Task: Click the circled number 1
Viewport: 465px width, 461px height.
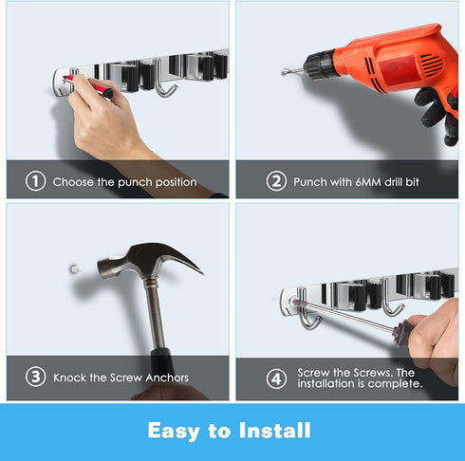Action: (35, 181)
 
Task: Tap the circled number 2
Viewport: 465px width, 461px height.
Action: (276, 181)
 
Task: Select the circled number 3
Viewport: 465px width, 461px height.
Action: (35, 377)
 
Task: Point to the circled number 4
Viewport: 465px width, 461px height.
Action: (276, 378)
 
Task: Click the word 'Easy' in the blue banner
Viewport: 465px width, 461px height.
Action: (174, 431)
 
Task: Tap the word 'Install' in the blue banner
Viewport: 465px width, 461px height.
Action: (274, 431)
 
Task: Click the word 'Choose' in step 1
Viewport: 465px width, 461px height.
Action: (73, 182)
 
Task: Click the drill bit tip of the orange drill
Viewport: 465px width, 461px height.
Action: (284, 73)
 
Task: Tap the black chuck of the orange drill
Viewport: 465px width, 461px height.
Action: (320, 65)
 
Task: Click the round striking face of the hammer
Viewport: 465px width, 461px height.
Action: (102, 268)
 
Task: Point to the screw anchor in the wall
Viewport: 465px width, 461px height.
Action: (74, 269)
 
